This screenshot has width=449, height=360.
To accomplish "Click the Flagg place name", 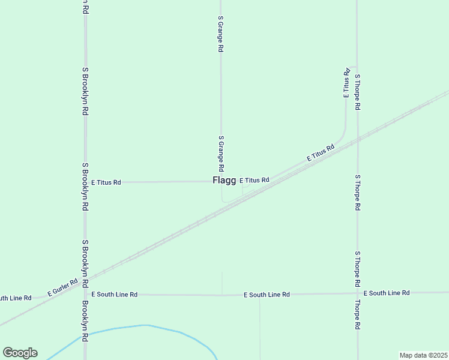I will click(x=224, y=180).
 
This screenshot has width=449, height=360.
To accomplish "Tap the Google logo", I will click(x=20, y=353).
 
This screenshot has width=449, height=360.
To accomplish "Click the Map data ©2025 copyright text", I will click(x=423, y=355).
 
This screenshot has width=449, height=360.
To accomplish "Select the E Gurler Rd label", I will click(x=63, y=289).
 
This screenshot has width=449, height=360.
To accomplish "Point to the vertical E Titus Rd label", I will click(x=346, y=83).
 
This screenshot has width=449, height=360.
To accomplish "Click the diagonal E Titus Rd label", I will click(x=320, y=152).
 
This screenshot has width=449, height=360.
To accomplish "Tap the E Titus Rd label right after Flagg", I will click(x=255, y=180).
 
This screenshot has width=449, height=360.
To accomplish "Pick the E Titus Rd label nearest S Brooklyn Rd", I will click(x=106, y=182).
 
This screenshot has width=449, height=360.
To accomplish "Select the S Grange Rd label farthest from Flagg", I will click(x=220, y=34).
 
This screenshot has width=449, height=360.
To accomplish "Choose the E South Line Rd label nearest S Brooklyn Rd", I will click(x=115, y=295).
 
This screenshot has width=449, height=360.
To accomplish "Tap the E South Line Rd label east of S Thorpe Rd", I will click(x=387, y=293).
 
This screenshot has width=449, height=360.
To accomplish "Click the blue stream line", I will click(x=144, y=326).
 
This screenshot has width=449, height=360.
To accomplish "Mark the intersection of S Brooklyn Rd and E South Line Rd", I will click(x=85, y=295).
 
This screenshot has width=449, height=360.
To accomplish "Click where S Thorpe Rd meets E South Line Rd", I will click(x=357, y=293).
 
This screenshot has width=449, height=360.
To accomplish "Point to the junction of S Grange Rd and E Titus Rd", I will click(x=221, y=181).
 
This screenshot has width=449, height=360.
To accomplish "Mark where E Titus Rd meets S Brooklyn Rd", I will click(x=85, y=182).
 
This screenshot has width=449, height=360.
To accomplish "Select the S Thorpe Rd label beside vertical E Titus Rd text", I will click(x=357, y=92).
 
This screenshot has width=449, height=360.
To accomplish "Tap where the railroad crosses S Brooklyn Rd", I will click(x=85, y=281).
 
